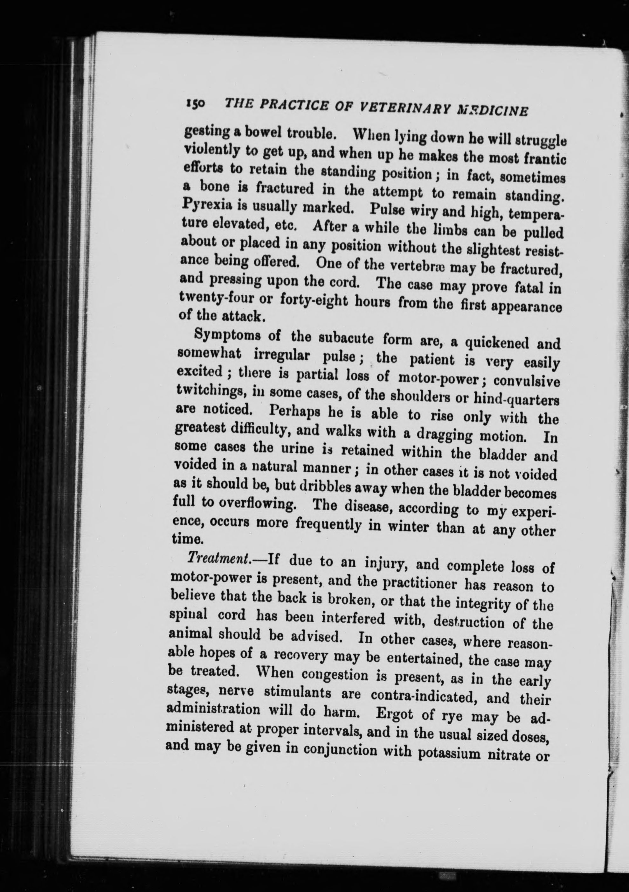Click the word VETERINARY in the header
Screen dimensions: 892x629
407,108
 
